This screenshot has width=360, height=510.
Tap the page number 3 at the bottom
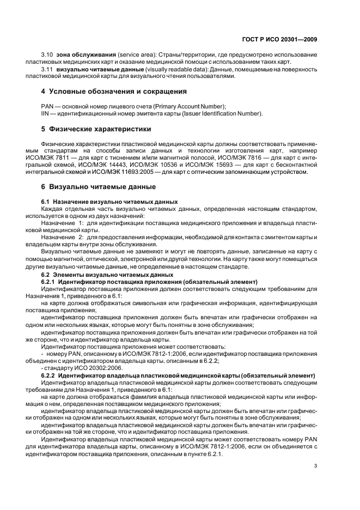(316, 465)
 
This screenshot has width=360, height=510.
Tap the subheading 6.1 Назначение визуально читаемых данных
(109, 202)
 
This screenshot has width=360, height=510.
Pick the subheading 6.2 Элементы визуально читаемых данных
(107, 275)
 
